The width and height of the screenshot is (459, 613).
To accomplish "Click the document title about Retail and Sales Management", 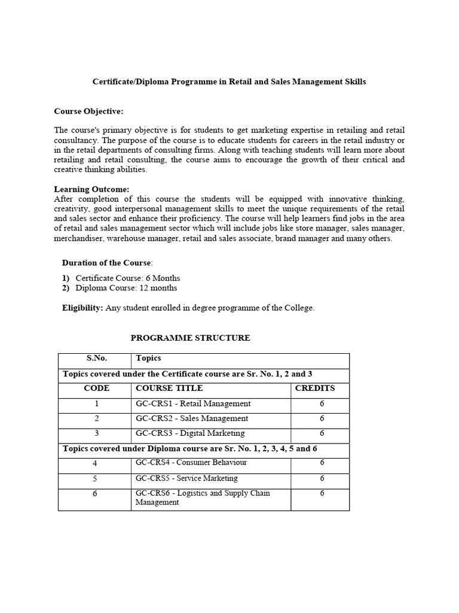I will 229,81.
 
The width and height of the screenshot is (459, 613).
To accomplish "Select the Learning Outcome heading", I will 91,189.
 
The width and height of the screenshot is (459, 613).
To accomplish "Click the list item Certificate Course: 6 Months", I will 127,278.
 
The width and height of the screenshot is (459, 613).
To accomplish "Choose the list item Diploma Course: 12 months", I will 126,288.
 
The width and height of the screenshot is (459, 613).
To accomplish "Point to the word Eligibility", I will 82,308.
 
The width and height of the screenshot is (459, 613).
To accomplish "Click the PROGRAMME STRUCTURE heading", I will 190,338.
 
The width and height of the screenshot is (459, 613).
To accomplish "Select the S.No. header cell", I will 96,358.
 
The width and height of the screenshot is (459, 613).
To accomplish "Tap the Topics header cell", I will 149,358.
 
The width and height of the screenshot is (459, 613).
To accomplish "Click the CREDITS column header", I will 315,388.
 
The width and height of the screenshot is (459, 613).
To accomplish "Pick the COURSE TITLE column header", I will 169,388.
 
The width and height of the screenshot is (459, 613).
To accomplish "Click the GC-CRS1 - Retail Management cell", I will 193,403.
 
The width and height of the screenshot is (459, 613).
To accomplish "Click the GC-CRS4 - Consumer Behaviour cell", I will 191,463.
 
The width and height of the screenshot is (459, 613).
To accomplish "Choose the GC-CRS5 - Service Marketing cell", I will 186,478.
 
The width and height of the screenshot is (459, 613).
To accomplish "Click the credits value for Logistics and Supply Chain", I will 322,493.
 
